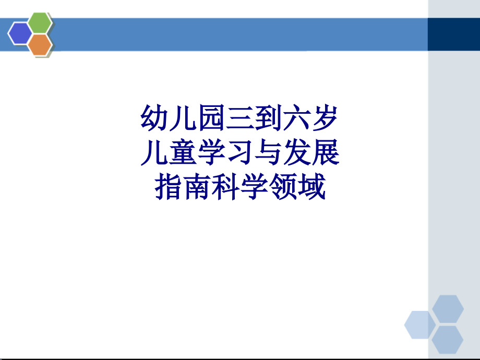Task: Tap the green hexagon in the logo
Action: (40, 22)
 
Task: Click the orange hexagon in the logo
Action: (40, 45)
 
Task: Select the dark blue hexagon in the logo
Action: (20, 33)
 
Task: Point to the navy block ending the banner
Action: (453, 34)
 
